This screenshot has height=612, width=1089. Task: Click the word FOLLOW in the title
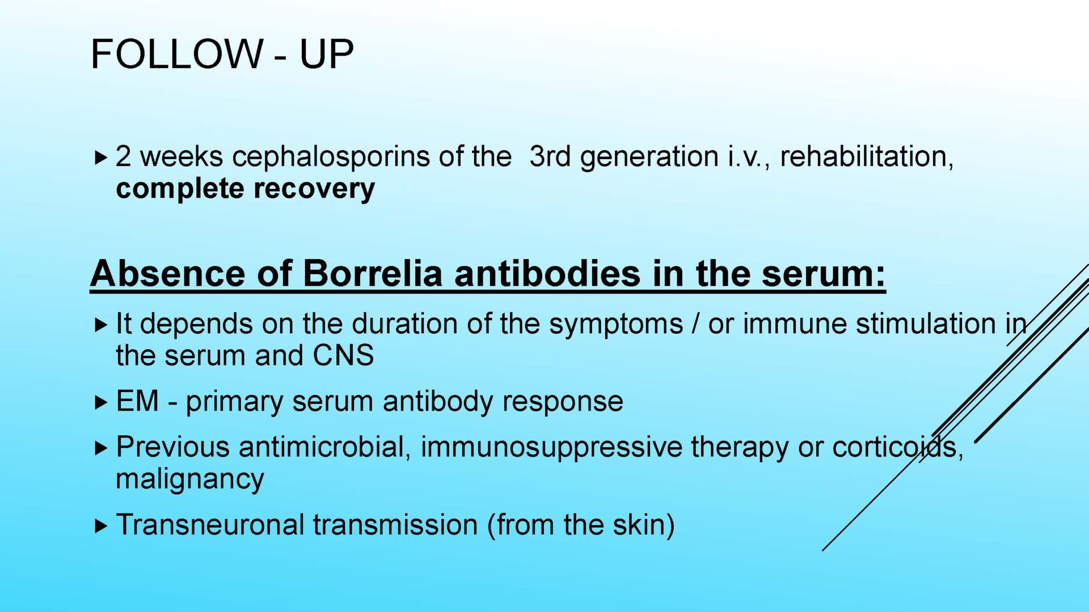pos(177,54)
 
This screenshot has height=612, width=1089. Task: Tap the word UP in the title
pos(326,54)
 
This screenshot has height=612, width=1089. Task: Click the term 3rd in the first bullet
pos(550,156)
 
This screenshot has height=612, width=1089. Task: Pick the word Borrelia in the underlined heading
pos(372,273)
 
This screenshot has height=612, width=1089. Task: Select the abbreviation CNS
pos(343,356)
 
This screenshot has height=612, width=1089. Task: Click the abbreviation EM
pos(137,401)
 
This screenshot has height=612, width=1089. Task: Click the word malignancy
pos(190,479)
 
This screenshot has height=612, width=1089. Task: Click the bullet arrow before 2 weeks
pos(101,158)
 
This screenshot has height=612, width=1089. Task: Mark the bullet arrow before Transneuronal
pos(101,526)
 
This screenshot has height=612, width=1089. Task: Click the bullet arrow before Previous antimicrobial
pos(101,448)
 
